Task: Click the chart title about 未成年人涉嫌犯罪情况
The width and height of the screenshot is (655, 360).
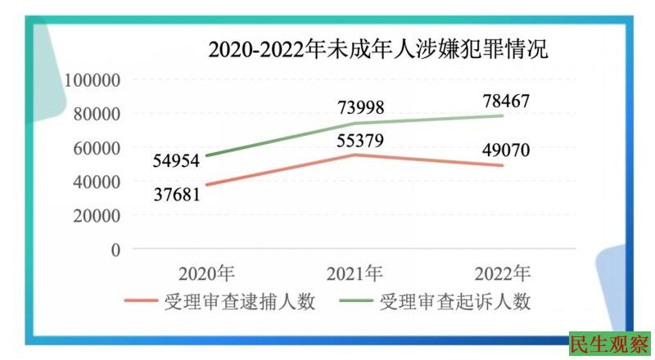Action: point(377,50)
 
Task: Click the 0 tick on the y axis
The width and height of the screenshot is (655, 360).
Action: point(115,250)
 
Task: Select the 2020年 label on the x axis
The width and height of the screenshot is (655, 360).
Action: point(209,273)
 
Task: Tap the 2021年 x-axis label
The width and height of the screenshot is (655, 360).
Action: point(355,273)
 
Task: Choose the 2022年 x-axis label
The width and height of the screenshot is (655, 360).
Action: point(502,273)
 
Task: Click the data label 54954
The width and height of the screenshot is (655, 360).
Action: point(177,161)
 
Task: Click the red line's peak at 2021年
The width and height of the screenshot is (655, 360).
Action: point(355,155)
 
